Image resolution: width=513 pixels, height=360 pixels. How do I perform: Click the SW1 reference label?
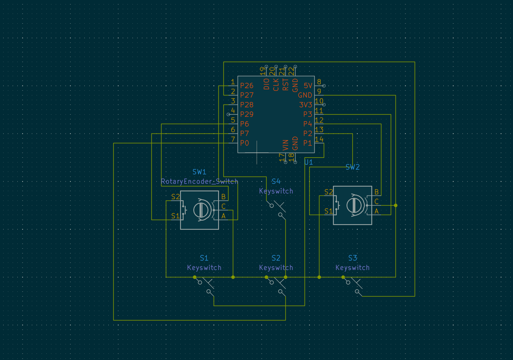(x=199, y=172)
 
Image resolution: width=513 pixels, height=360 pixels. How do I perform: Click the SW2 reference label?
(x=352, y=167)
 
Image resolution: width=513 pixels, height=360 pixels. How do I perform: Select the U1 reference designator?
(x=308, y=162)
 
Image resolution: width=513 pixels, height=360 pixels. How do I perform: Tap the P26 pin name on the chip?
(x=246, y=86)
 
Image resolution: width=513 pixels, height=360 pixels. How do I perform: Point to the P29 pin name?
(x=246, y=114)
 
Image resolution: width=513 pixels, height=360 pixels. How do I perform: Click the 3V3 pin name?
(x=305, y=105)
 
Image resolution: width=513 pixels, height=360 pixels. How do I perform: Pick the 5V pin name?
(x=308, y=86)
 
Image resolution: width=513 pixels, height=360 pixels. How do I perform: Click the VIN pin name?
(x=285, y=145)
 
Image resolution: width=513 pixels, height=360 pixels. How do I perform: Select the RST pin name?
(x=285, y=84)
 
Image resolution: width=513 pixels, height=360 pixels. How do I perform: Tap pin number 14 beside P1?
(x=319, y=139)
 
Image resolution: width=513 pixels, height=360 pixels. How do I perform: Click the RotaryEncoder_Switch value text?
(x=199, y=181)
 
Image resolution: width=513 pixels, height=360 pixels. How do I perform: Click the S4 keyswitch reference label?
(x=276, y=181)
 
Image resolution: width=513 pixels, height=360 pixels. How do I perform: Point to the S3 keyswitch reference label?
(x=352, y=258)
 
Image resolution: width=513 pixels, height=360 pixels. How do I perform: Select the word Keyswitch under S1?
(x=204, y=268)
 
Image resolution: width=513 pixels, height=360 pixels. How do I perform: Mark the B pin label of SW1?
(x=223, y=196)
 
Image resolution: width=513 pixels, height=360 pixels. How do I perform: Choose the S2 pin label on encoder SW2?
(x=329, y=192)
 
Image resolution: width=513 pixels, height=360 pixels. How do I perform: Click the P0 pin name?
(x=244, y=143)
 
